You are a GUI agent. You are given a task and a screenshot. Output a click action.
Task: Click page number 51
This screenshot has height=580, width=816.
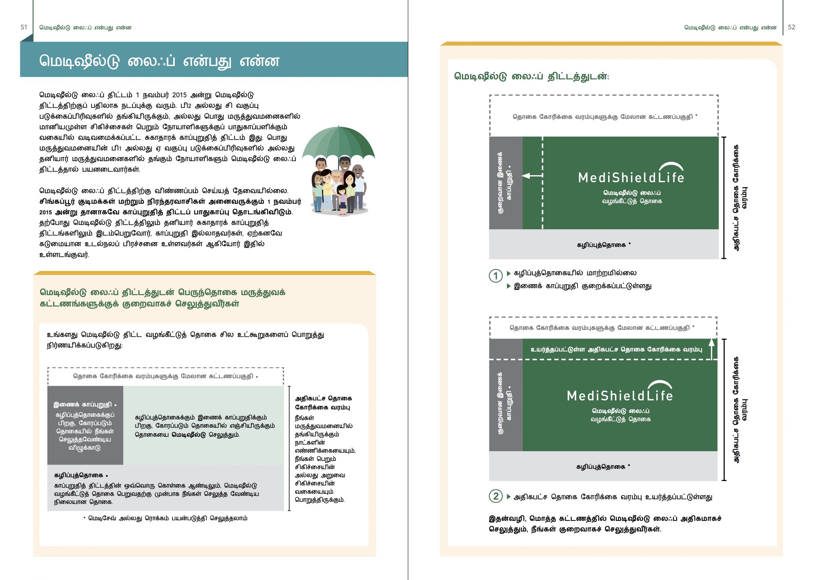[x=24, y=27]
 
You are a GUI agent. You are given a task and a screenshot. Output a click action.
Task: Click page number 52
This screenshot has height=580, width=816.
[x=791, y=27]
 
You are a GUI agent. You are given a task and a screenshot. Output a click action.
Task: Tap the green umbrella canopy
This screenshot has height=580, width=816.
[x=338, y=143]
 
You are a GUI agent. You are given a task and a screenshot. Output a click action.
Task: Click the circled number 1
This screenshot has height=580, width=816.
[x=495, y=276]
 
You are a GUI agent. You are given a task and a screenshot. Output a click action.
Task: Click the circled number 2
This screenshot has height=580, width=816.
[x=495, y=496]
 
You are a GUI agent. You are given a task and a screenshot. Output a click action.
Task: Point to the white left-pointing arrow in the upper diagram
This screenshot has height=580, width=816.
[x=532, y=175]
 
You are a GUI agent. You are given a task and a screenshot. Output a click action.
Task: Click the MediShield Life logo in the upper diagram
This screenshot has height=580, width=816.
[x=631, y=174]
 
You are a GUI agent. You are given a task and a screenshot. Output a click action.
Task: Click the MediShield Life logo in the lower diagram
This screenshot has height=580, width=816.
[x=620, y=392]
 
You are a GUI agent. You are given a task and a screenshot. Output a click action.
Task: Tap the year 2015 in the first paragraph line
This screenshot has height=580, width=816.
[x=179, y=95]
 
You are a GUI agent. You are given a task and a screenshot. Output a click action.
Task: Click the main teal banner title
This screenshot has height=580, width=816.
[x=159, y=61]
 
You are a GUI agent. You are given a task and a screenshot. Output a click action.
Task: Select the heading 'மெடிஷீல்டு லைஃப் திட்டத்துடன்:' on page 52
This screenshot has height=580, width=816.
[x=531, y=77]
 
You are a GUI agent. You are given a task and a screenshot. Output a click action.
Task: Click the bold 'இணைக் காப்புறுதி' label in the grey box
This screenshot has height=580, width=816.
[x=83, y=405]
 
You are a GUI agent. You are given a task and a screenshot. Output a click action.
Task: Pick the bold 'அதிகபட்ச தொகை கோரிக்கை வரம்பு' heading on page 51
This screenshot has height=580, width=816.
[x=323, y=403]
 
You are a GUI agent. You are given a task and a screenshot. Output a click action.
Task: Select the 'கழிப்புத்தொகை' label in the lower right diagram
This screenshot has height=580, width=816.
[x=601, y=467]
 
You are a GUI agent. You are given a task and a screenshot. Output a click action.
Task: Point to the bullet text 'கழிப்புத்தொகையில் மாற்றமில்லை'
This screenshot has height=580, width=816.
[x=575, y=273]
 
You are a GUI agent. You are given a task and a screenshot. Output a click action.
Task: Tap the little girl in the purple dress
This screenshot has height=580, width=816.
[x=342, y=200]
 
